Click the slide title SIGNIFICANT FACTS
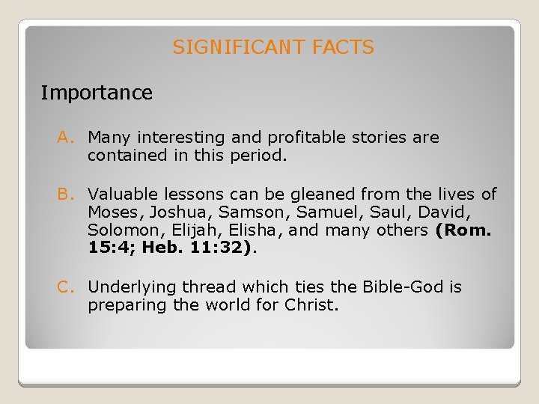[x=273, y=48]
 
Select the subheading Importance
[x=97, y=94]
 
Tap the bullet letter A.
[x=65, y=138]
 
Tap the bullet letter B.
[x=65, y=195]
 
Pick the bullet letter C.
[x=65, y=287]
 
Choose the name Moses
[x=111, y=212]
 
